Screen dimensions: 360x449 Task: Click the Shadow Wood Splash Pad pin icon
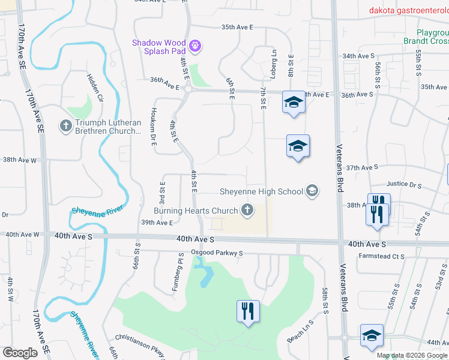pos(195,45)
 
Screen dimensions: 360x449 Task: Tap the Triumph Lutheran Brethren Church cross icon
pos(65,126)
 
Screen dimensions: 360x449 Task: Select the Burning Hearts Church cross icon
pos(246,210)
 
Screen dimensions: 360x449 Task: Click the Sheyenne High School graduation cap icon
pos(312,191)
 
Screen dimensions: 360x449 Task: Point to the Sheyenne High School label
pos(260,191)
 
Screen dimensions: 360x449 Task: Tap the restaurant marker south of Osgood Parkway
pos(248,311)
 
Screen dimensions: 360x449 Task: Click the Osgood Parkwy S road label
pos(217,253)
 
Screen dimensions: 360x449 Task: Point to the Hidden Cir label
pos(95,88)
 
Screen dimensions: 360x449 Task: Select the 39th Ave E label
pos(157,223)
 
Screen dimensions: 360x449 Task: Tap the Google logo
pos(20,353)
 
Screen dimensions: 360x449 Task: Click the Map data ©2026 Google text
pos(411,355)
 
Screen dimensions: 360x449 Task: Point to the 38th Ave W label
pos(20,160)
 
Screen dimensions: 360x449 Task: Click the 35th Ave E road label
pos(238,28)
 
